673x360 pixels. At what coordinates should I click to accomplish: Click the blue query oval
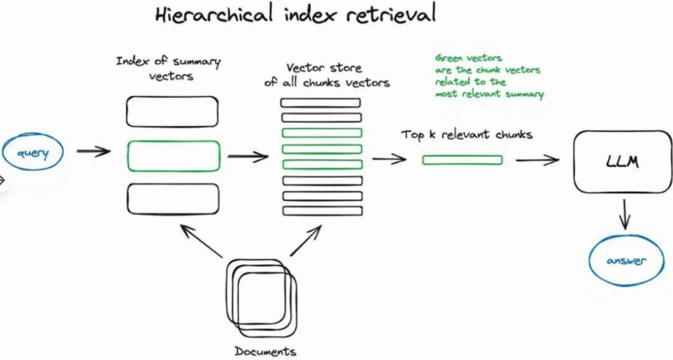[x=30, y=153]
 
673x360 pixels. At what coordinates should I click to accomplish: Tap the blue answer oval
[x=626, y=261]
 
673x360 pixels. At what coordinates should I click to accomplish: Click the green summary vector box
[x=173, y=156]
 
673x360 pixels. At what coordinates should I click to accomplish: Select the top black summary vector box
[x=172, y=112]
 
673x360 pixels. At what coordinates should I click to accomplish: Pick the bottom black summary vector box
[x=172, y=199]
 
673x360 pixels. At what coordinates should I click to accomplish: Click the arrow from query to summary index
[x=93, y=152]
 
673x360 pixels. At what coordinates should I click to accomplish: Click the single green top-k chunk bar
[x=462, y=160]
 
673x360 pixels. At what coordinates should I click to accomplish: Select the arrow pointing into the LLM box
[x=537, y=160]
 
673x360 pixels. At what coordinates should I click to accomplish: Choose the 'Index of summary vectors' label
[x=168, y=69]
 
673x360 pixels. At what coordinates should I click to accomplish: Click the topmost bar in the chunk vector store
[x=321, y=102]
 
